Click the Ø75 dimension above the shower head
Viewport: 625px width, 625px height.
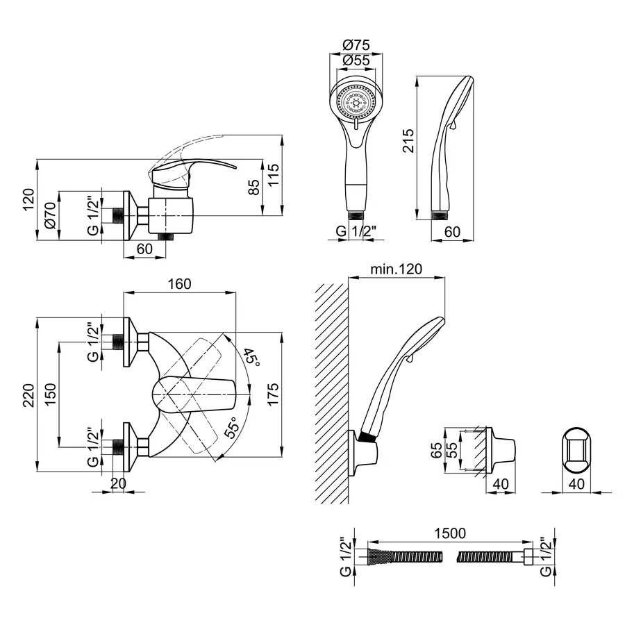tap(356, 45)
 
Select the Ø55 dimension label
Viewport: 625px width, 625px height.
tap(356, 60)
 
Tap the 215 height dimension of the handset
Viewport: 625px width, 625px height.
tap(408, 142)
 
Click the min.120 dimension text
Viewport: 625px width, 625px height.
tap(396, 269)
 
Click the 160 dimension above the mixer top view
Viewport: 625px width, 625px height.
tap(178, 284)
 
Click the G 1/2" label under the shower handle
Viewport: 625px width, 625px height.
tap(357, 231)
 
